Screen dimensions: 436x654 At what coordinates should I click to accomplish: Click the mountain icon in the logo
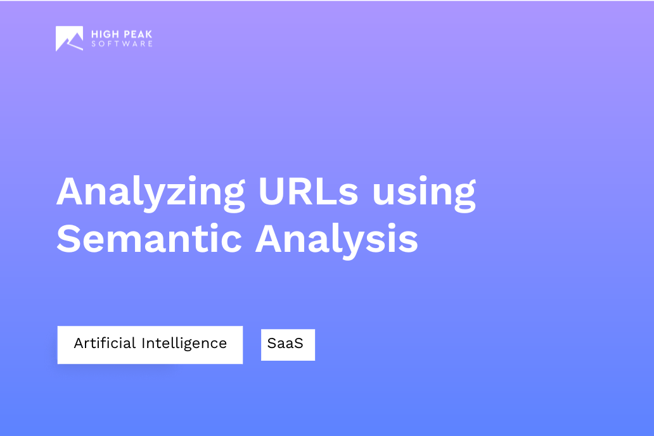coord(69,39)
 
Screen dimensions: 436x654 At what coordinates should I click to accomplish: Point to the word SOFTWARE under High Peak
coord(122,44)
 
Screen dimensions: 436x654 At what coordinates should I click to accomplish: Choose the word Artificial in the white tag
coord(105,343)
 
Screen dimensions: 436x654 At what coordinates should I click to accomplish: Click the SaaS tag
coord(288,344)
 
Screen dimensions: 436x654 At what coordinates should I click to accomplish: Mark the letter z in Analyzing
coord(180,192)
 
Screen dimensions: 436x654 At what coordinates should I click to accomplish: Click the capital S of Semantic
coord(69,239)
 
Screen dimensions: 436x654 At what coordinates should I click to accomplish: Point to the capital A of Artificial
coord(79,343)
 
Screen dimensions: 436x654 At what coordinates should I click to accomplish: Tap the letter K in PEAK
coord(149,34)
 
